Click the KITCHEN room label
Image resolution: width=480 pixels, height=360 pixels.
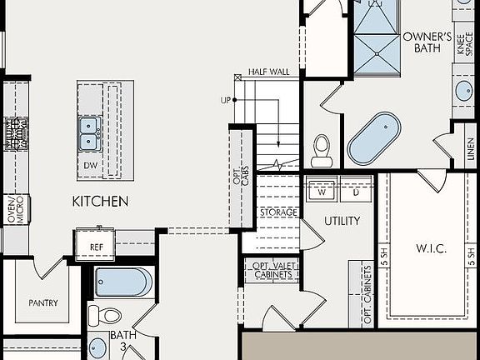pyautogui.click(x=100, y=201)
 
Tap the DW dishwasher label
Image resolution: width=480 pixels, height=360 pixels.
pyautogui.click(x=90, y=165)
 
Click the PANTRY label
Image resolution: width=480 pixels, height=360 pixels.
pyautogui.click(x=42, y=302)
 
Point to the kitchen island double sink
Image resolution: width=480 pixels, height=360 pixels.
pyautogui.click(x=90, y=131)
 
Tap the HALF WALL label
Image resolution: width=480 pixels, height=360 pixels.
pyautogui.click(x=268, y=72)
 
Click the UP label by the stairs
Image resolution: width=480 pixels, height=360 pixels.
pyautogui.click(x=224, y=100)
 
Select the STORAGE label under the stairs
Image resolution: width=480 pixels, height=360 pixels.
pyautogui.click(x=277, y=212)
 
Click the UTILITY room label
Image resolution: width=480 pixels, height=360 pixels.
pyautogui.click(x=342, y=221)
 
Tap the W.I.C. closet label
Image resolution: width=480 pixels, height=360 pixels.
pyautogui.click(x=432, y=248)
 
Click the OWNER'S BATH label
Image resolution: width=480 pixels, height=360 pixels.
pyautogui.click(x=427, y=42)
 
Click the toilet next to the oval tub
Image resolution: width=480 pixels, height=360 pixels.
pyautogui.click(x=322, y=149)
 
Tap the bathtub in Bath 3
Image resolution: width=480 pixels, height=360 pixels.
pyautogui.click(x=123, y=282)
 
